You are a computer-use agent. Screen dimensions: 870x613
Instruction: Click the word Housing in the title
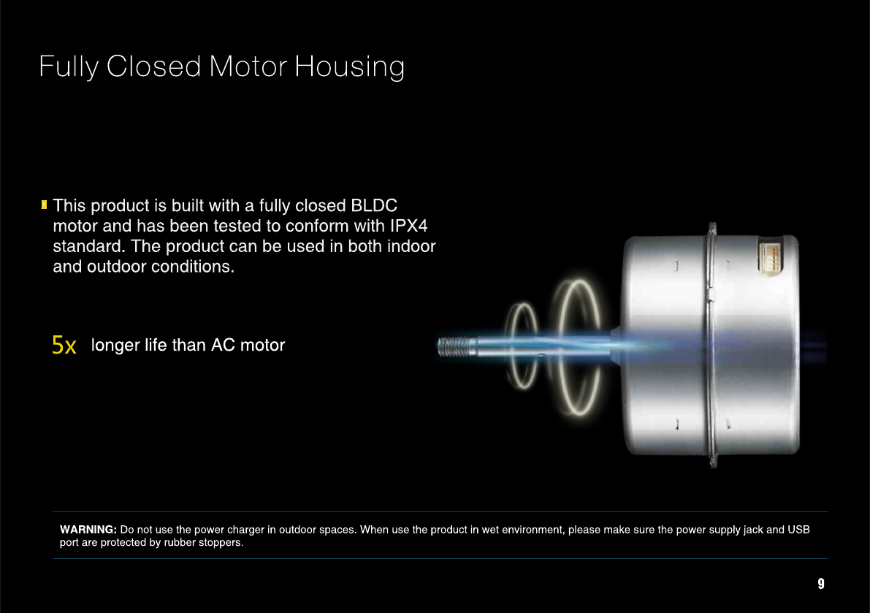tap(350, 68)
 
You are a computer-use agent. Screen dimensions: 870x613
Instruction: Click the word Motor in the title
tap(248, 66)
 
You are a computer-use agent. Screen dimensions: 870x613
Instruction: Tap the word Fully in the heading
tap(69, 68)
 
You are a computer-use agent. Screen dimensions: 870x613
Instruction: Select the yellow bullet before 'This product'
tap(44, 205)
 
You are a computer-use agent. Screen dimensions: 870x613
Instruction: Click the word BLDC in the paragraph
tap(374, 205)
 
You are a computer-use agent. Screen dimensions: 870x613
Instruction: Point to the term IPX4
tap(409, 226)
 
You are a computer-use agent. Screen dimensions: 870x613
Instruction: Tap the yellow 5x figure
tap(64, 345)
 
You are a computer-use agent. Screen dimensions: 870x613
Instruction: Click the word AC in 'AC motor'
tap(223, 345)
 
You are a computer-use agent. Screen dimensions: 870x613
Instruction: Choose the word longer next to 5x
tap(115, 346)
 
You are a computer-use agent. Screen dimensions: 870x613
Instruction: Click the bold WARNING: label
tap(88, 530)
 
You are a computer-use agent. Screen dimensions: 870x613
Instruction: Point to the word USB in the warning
tap(798, 530)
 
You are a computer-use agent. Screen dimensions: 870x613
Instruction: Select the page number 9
tap(821, 584)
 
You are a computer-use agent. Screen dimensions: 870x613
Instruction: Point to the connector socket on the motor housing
tap(770, 258)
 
